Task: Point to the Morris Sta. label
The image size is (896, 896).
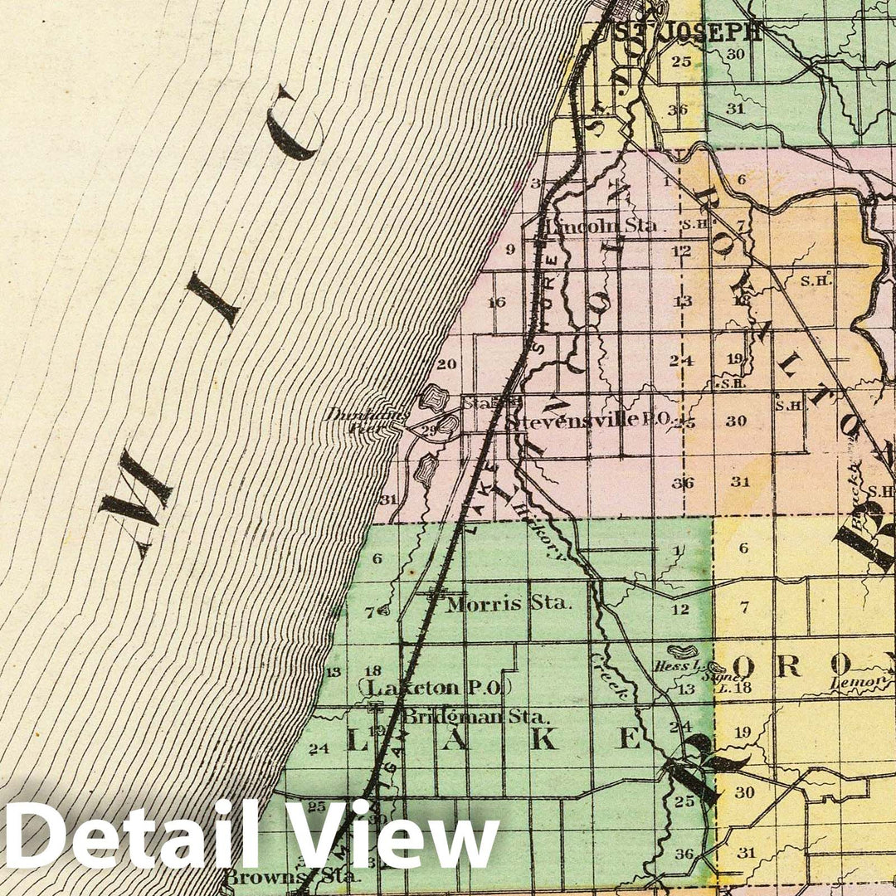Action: click(x=509, y=603)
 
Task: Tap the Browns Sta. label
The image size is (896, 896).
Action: click(x=292, y=875)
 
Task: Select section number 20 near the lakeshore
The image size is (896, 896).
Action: click(x=446, y=363)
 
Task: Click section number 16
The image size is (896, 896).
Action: click(x=496, y=302)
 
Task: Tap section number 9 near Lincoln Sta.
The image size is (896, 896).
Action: click(x=510, y=249)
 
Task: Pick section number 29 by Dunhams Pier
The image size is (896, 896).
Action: click(x=429, y=429)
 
